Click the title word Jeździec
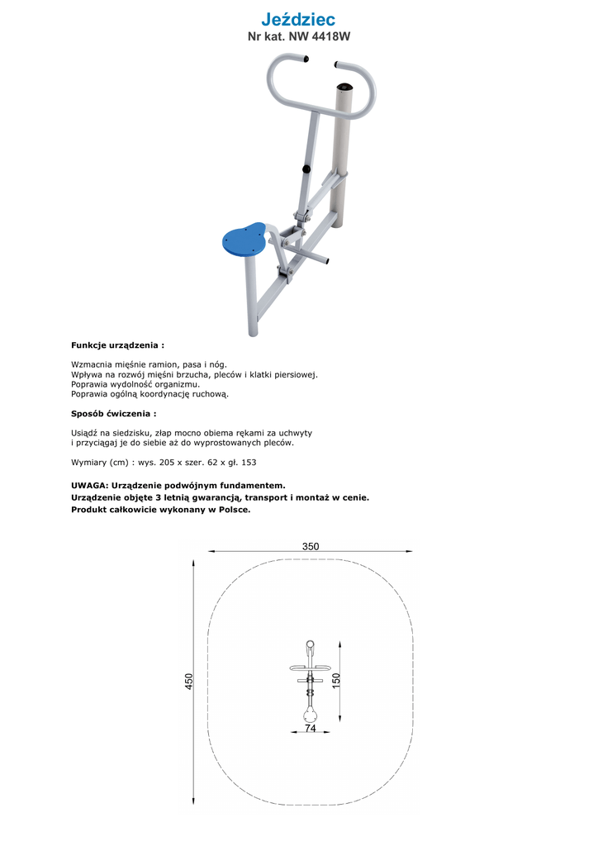(x=298, y=19)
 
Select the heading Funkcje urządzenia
(x=116, y=345)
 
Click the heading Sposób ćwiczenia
(x=113, y=413)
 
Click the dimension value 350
(x=311, y=546)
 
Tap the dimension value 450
(x=189, y=682)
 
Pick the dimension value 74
(x=310, y=729)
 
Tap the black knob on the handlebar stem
(x=306, y=169)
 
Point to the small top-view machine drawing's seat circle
(x=310, y=711)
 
